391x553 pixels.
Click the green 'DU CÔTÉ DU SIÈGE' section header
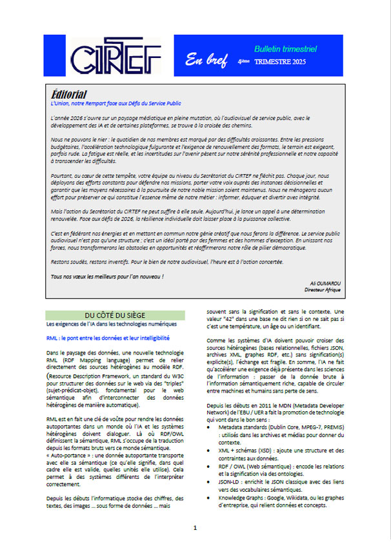pos(115,315)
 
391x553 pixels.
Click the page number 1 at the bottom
pos(195,528)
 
